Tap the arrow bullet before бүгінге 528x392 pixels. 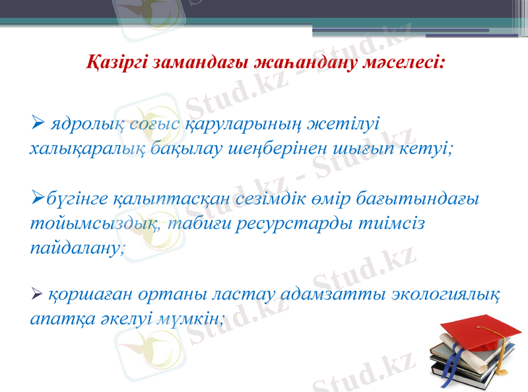[37, 197]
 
